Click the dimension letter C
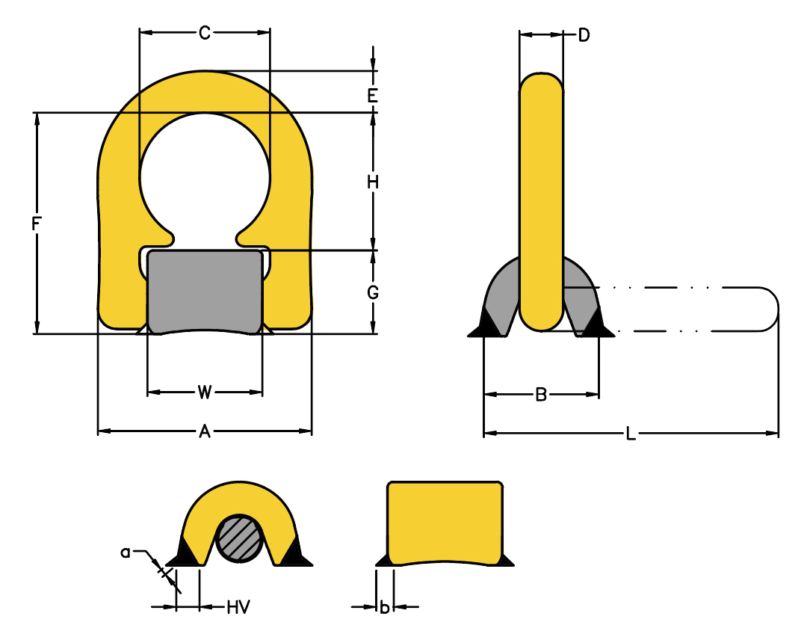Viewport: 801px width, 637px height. (204, 33)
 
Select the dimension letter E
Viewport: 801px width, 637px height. (373, 96)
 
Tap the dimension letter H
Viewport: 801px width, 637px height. (373, 182)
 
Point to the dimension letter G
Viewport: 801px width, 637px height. (373, 292)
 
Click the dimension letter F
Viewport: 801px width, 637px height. (36, 224)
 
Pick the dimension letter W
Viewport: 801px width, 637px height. (204, 392)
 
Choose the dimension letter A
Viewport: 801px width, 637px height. (204, 431)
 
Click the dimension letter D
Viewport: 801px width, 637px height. (584, 35)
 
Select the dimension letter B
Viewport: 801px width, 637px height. (541, 395)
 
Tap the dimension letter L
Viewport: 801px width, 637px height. (631, 434)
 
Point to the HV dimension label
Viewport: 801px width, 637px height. (238, 607)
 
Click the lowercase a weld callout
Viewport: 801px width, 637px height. (126, 553)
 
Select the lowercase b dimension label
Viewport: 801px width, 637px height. (385, 607)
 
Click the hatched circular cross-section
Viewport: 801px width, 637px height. (240, 538)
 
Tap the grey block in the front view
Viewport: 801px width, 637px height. (205, 292)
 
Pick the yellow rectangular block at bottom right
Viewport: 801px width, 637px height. (445, 523)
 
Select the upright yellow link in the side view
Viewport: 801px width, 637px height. (542, 201)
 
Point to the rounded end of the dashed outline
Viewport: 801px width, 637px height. (770, 310)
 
